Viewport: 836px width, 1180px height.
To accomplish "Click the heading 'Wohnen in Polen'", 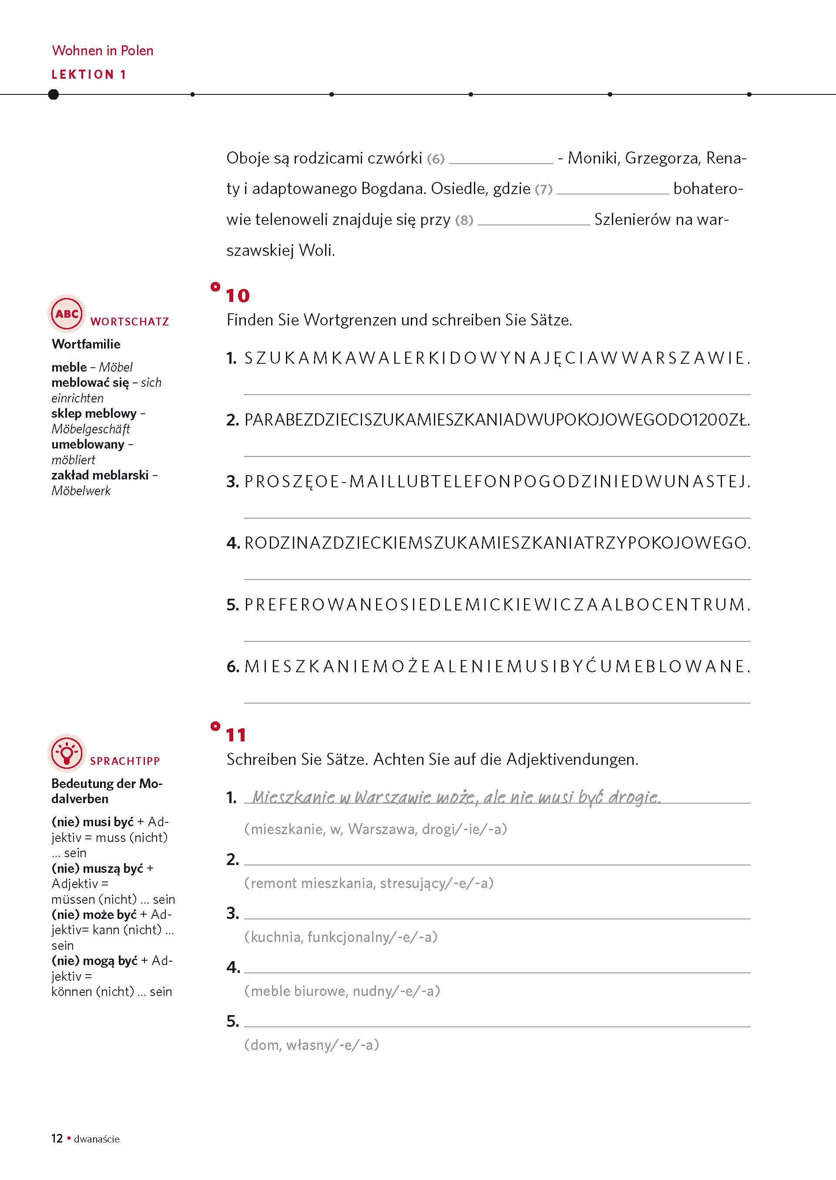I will (x=102, y=50).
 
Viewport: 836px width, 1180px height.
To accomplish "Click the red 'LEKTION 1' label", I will (x=88, y=74).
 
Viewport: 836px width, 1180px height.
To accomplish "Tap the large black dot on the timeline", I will (x=53, y=94).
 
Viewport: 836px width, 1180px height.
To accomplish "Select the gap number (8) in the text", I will (x=464, y=220).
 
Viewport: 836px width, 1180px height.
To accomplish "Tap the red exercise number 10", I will (x=237, y=296).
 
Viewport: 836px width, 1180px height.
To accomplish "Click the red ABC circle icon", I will (x=67, y=313).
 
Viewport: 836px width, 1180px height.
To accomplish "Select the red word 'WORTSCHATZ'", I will (x=129, y=322).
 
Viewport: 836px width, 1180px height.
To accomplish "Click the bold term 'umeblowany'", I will (x=87, y=444).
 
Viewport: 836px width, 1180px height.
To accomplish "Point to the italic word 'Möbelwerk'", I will (x=81, y=490).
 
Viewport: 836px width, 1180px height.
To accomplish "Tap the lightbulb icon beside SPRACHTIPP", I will (x=67, y=753).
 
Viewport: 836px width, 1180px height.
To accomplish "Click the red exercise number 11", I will (x=236, y=735).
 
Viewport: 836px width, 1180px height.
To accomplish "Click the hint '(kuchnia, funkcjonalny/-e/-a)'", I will (x=341, y=937).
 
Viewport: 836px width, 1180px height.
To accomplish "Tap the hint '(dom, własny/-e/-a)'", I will (x=312, y=1045).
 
